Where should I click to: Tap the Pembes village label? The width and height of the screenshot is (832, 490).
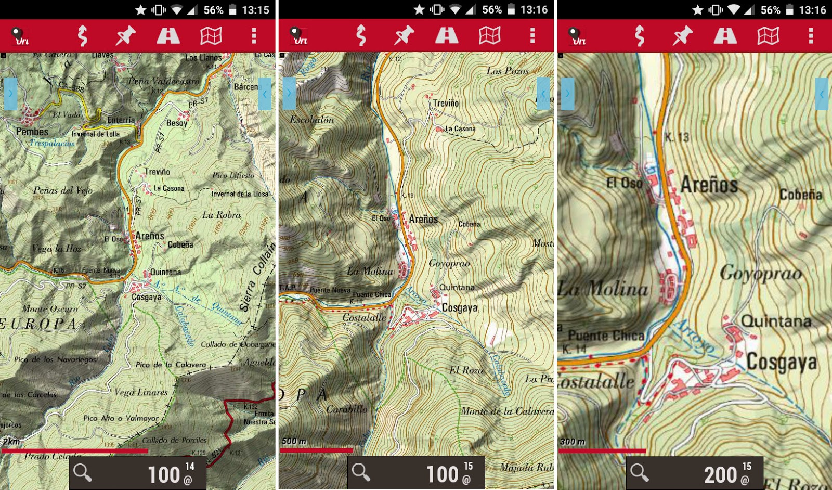click(32, 132)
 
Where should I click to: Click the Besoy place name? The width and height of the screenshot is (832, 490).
click(177, 123)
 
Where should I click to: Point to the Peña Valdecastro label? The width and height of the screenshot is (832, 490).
click(164, 81)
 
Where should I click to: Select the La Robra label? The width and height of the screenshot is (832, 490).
click(222, 215)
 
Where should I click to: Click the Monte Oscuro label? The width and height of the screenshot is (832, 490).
click(50, 308)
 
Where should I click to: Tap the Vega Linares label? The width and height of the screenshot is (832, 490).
click(141, 392)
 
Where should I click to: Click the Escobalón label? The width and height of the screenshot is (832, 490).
click(312, 120)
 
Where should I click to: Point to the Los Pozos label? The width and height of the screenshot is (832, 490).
click(508, 71)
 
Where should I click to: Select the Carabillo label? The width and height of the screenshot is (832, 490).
click(347, 409)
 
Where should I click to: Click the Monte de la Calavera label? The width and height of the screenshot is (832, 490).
click(507, 411)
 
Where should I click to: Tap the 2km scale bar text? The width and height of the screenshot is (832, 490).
click(11, 442)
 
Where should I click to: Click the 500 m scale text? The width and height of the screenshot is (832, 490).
click(294, 441)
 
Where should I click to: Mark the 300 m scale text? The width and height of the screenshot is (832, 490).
click(573, 441)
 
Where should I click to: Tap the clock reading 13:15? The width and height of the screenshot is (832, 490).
click(255, 10)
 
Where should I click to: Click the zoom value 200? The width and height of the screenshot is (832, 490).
click(721, 474)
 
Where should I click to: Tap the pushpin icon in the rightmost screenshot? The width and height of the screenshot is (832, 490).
click(682, 35)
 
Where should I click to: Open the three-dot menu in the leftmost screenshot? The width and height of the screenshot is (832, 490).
click(254, 35)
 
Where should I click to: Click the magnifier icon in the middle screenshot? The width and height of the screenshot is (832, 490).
click(361, 472)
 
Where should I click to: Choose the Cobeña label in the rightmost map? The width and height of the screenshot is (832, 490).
click(800, 195)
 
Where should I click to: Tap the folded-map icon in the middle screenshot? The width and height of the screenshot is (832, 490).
click(489, 35)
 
